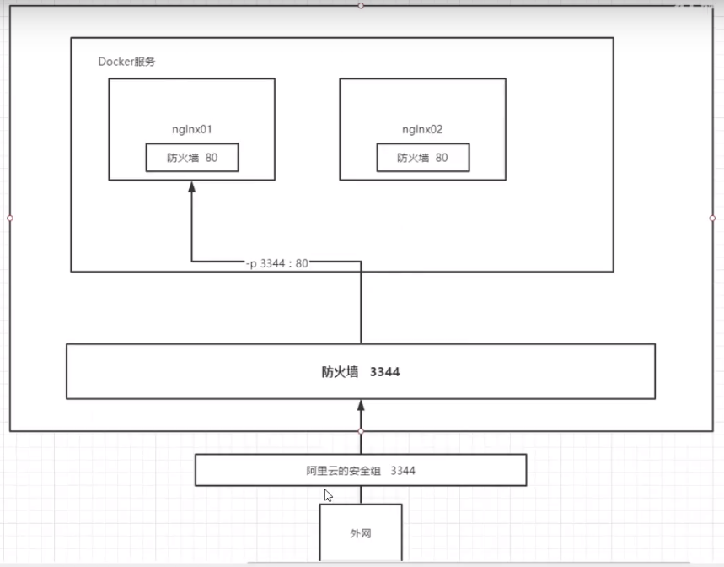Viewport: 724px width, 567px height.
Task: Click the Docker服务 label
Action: click(126, 62)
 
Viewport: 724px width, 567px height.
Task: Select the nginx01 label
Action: click(191, 130)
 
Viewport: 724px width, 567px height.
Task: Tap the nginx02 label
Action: click(422, 130)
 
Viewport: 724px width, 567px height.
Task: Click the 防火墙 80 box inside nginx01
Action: click(191, 157)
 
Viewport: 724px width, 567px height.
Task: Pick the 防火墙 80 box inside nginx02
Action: click(422, 157)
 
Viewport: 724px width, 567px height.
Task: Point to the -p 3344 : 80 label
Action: click(276, 263)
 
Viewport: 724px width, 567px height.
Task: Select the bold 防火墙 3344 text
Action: click(361, 371)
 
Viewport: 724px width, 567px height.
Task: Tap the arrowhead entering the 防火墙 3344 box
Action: click(361, 405)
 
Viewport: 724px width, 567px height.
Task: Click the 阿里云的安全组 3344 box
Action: click(361, 470)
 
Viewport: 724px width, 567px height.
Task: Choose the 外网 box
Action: click(361, 533)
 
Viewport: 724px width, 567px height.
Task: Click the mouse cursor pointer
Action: click(328, 496)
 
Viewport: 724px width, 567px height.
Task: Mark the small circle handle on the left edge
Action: click(10, 218)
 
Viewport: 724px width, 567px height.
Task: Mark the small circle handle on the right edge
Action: click(712, 218)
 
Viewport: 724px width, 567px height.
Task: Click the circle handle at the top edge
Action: click(361, 5)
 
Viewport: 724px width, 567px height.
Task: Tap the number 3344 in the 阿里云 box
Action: click(402, 471)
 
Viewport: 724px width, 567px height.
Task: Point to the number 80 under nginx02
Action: click(442, 158)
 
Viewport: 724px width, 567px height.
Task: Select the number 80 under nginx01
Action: click(211, 158)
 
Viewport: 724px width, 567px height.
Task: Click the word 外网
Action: click(361, 534)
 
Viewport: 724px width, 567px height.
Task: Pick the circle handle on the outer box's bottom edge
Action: click(361, 431)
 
